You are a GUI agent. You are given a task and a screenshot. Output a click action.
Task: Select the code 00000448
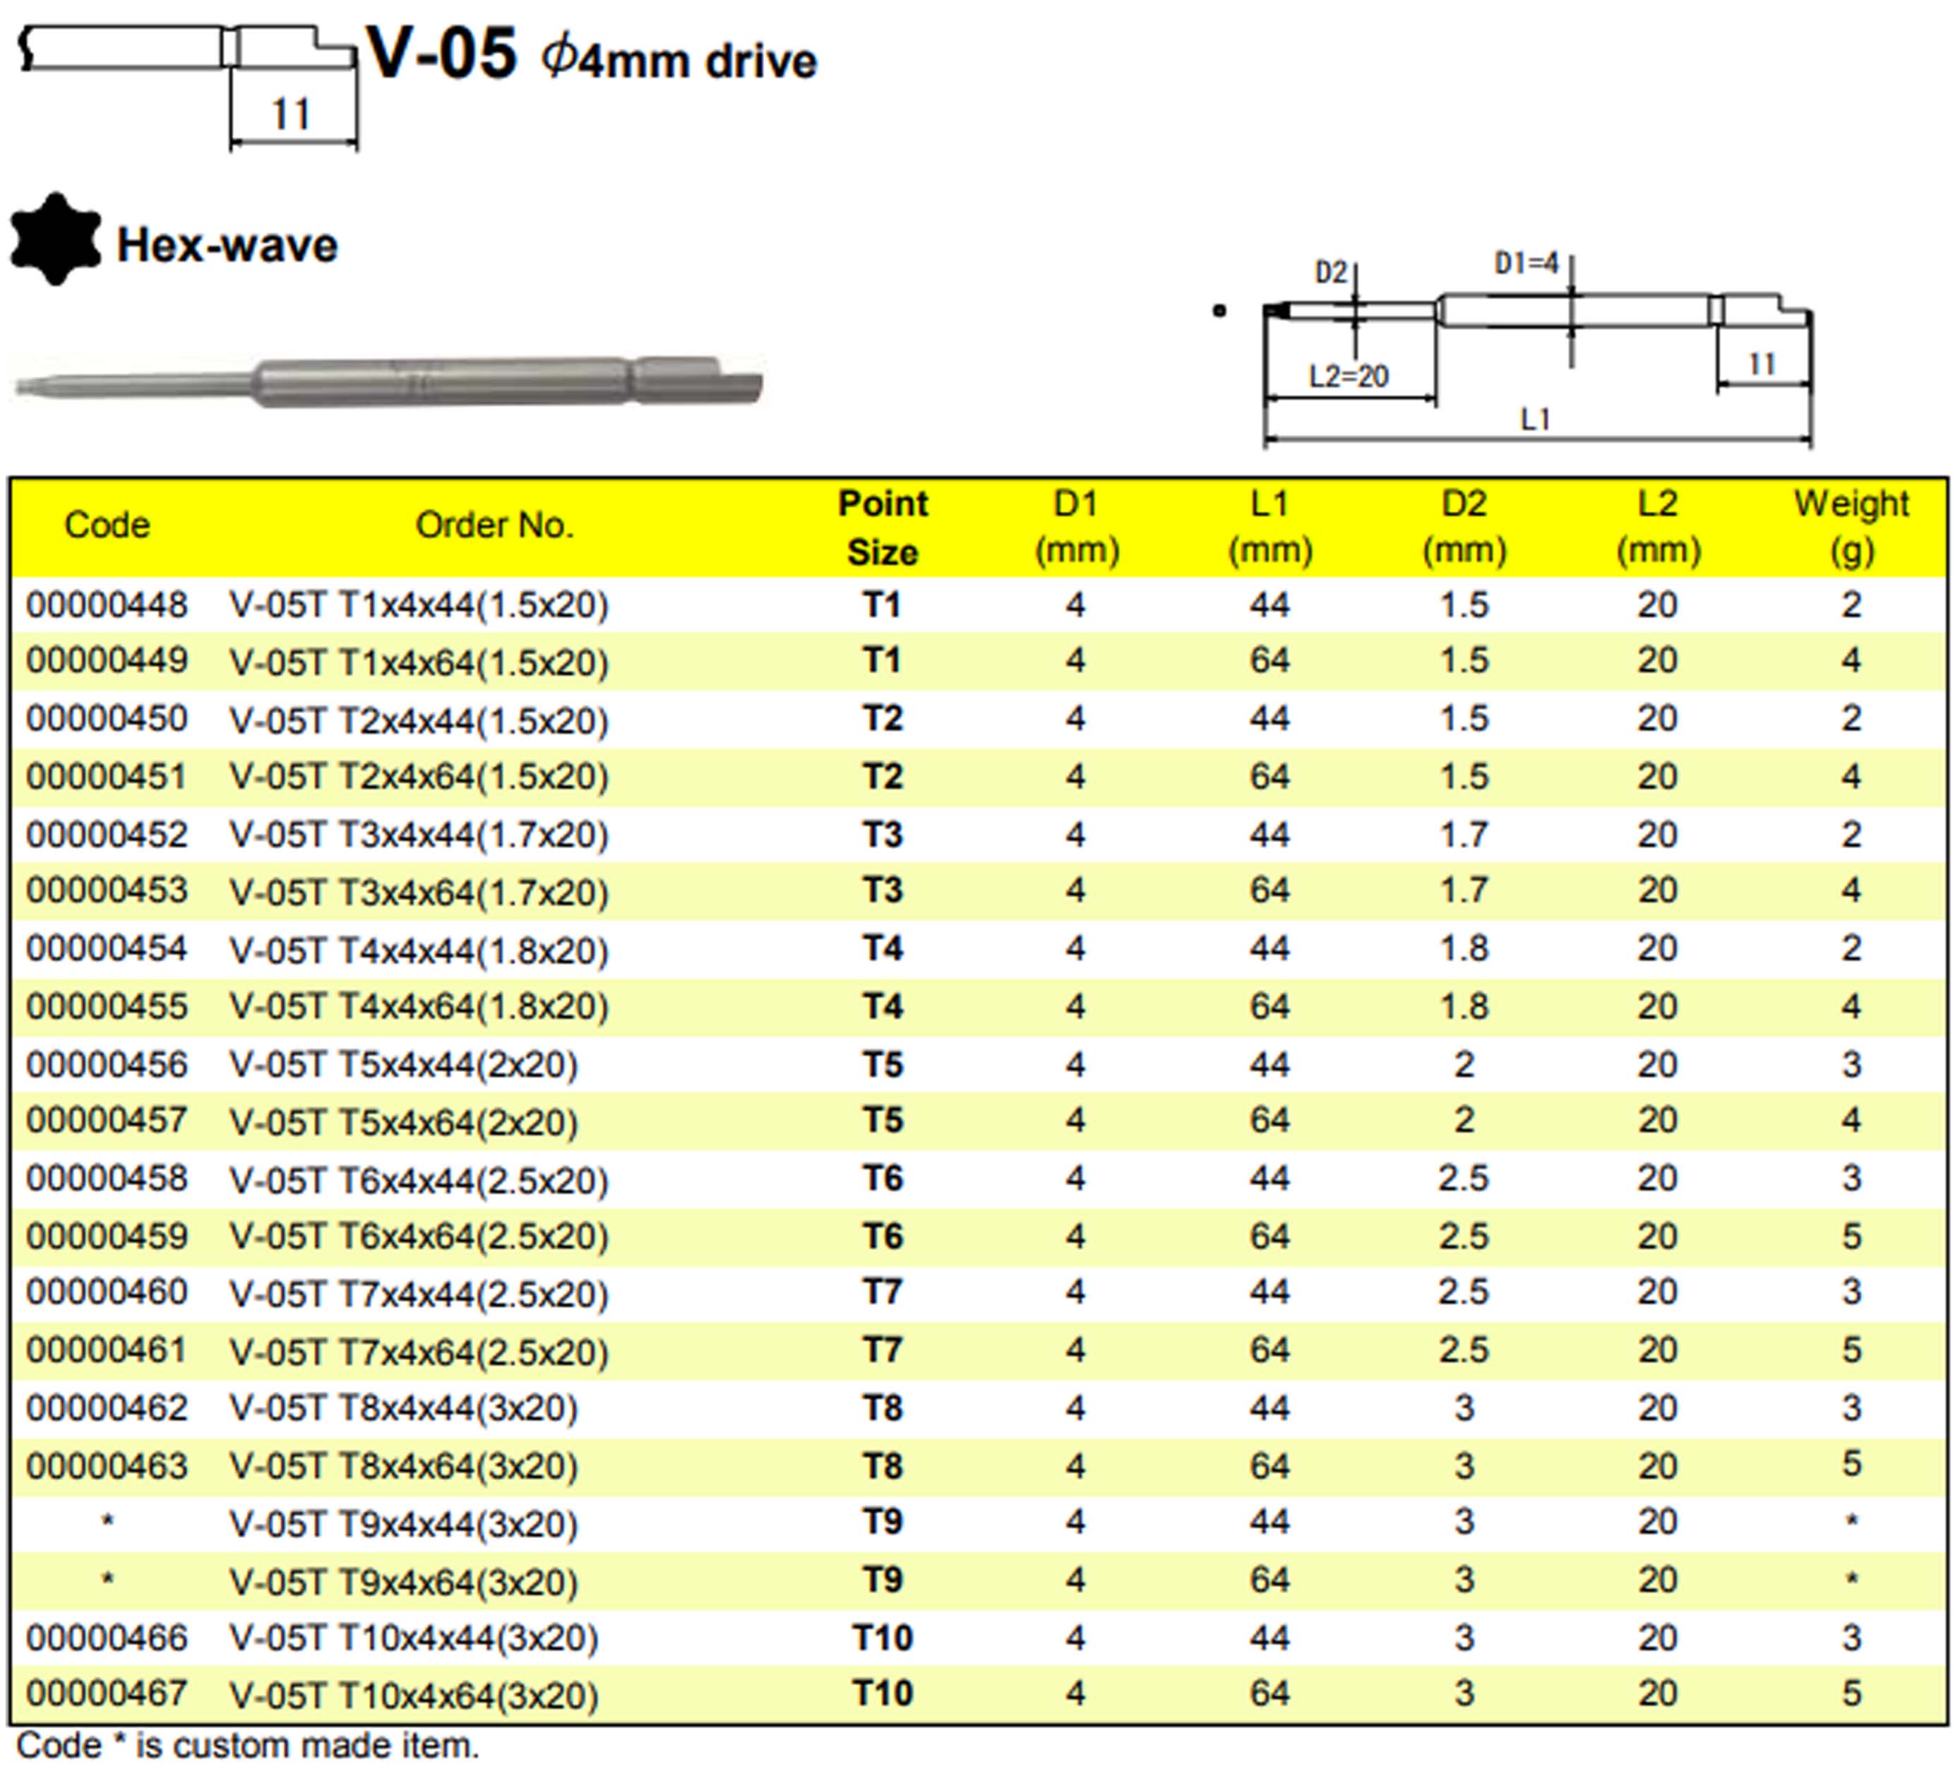[x=107, y=605]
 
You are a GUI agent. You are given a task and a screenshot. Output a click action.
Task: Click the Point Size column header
[x=883, y=528]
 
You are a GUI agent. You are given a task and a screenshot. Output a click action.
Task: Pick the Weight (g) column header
[x=1851, y=528]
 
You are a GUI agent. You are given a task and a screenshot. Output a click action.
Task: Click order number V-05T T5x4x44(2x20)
[x=403, y=1066]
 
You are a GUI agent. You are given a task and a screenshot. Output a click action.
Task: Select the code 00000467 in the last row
[x=107, y=1694]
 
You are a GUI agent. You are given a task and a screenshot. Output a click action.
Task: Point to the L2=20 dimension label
[x=1349, y=376]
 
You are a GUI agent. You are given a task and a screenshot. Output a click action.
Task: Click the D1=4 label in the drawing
[x=1526, y=263]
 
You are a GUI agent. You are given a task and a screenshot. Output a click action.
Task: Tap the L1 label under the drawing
[x=1534, y=420]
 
